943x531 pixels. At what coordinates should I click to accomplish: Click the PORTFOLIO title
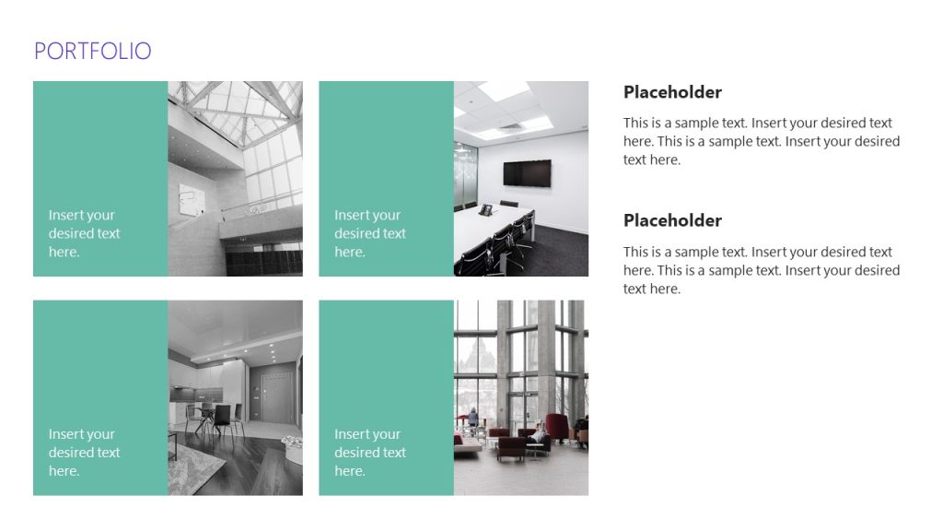(x=92, y=51)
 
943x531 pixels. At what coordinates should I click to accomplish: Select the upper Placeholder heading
(x=672, y=92)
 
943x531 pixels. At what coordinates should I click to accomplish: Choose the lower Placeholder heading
(x=672, y=220)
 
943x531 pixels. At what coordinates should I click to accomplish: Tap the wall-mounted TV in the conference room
(x=527, y=173)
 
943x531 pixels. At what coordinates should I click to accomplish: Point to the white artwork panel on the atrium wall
(x=191, y=199)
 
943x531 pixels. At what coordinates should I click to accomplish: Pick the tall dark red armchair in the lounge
(x=556, y=427)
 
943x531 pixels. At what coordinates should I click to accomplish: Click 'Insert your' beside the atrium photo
(x=81, y=215)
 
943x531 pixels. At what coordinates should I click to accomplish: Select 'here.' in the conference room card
(x=349, y=252)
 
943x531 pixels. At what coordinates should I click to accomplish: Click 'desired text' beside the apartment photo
(x=84, y=453)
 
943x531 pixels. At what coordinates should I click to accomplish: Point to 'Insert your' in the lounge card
(x=367, y=434)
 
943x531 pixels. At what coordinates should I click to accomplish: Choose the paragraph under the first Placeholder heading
(x=761, y=141)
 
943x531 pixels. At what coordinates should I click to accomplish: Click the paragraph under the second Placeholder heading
(x=761, y=270)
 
